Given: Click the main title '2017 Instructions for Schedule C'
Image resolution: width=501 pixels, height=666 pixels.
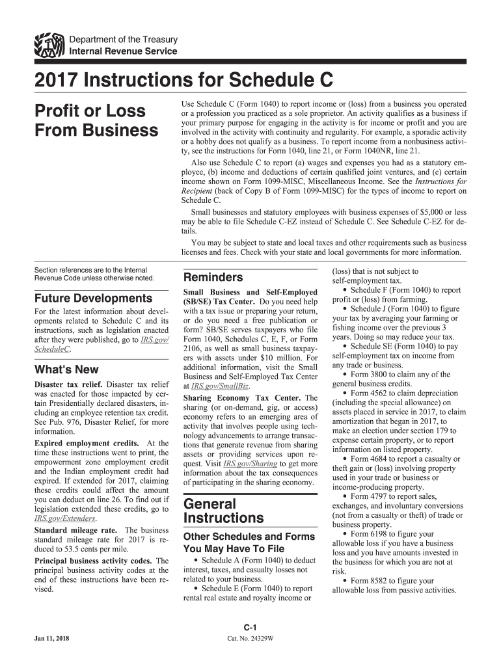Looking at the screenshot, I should point(183,81).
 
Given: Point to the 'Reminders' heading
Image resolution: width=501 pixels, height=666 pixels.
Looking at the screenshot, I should point(214,277).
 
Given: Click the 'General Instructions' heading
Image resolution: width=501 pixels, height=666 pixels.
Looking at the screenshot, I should point(224,511).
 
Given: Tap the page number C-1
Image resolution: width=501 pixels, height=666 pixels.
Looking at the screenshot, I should point(251,627).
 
